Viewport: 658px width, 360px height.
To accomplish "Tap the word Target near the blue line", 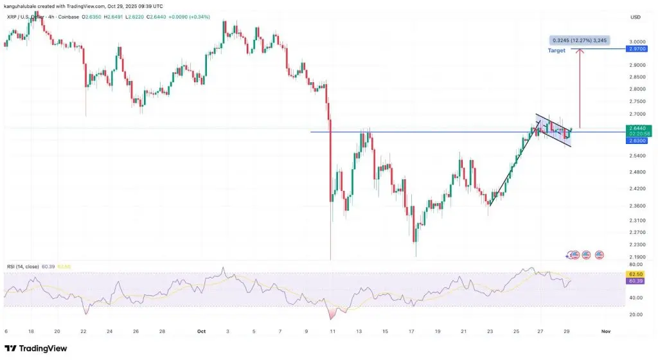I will coord(556,50).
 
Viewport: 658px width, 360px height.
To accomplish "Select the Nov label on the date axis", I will coord(605,331).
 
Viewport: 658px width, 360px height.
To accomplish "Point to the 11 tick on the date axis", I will coord(333,331).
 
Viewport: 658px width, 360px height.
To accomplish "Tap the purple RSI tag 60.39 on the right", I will coord(636,280).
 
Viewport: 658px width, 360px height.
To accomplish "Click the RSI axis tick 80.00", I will coord(636,264).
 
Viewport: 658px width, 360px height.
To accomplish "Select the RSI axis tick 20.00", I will coord(636,314).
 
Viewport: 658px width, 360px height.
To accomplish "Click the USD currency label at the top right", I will coord(636,17).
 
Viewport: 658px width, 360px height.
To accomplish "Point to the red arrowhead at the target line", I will coord(580,50).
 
